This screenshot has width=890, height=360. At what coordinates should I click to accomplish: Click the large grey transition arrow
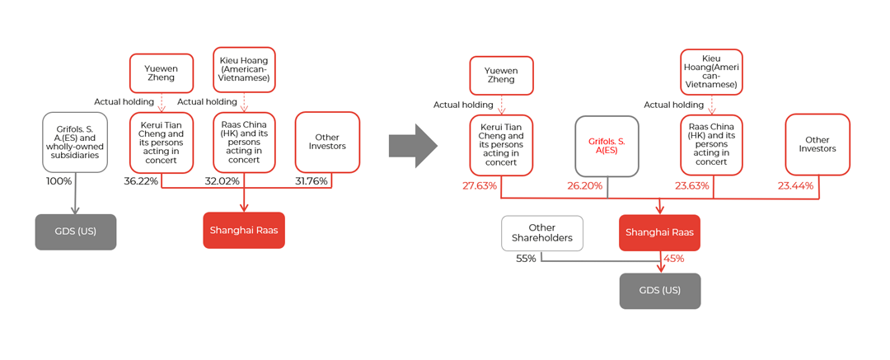pos(413,146)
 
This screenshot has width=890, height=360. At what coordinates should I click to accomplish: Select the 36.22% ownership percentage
pos(141,181)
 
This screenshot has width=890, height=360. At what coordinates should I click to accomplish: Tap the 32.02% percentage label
pos(222,181)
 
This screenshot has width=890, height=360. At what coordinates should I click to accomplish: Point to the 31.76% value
pos(311,181)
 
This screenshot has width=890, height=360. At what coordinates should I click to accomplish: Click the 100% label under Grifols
pos(59,181)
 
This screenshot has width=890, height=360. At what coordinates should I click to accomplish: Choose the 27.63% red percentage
pos(480,186)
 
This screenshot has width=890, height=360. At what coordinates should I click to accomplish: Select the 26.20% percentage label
pos(584,186)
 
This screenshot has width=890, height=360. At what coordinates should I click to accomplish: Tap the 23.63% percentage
pos(691,186)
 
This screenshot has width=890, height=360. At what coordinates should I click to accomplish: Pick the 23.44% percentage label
pos(795,186)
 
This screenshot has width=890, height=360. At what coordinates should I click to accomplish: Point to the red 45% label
pos(673,259)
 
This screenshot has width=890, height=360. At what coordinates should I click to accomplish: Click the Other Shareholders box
pos(542,233)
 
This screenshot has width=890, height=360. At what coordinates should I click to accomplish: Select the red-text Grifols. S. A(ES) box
pos(607,146)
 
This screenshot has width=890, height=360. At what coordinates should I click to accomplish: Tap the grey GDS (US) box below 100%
pos(75,231)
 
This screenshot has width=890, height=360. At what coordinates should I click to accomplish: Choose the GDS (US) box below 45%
pos(659,291)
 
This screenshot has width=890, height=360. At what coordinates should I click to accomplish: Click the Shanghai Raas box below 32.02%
pos(244,230)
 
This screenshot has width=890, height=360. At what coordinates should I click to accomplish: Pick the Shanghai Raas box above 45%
pos(659,232)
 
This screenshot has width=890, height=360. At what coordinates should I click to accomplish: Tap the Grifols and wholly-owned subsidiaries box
pos(75,143)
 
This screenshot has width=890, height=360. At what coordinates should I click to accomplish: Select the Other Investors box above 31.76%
pos(327,143)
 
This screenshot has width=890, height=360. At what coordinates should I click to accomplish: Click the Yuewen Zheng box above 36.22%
pos(162,73)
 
